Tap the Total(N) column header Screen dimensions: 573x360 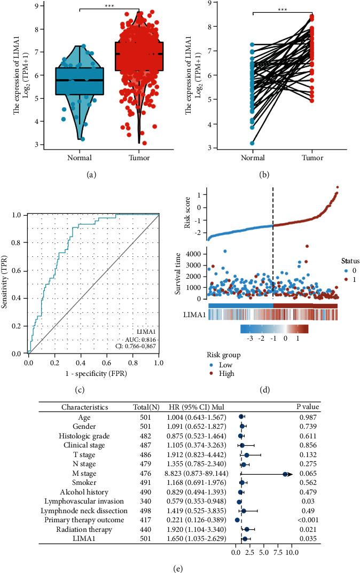[143, 407]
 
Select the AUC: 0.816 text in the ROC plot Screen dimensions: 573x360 [137, 339]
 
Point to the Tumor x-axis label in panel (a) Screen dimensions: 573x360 [138, 158]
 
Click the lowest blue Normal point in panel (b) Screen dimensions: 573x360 [252, 143]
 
